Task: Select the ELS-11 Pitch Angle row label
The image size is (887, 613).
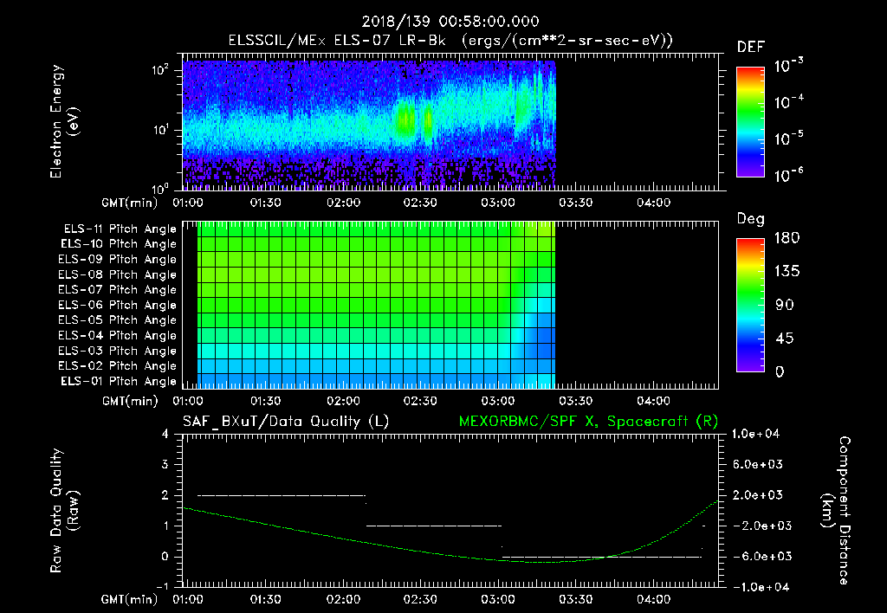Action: [x=120, y=229]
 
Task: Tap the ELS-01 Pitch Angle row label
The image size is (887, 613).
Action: [x=120, y=381]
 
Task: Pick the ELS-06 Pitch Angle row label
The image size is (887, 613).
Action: [x=120, y=305]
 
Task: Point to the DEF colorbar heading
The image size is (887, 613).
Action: [x=750, y=47]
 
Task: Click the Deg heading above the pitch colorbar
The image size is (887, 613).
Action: [x=750, y=219]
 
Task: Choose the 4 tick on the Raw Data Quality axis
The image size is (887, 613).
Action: [x=165, y=434]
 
